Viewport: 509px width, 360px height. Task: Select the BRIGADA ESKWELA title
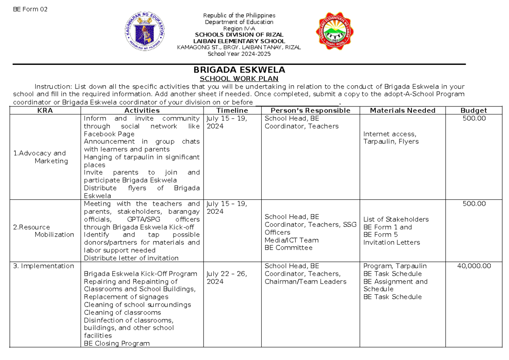coord(239,70)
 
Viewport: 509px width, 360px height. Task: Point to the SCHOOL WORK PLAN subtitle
coord(239,79)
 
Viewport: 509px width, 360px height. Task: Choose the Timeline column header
coord(232,111)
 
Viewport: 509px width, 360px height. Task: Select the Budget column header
coord(474,111)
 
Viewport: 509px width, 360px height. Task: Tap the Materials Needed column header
coord(403,111)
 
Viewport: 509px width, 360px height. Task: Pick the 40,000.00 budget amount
coord(474,266)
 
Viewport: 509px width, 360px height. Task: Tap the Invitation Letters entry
coord(392,243)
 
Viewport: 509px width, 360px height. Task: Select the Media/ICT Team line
coord(291,240)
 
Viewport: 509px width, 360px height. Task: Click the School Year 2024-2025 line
coord(238,54)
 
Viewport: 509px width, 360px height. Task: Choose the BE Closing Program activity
coord(117,343)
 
